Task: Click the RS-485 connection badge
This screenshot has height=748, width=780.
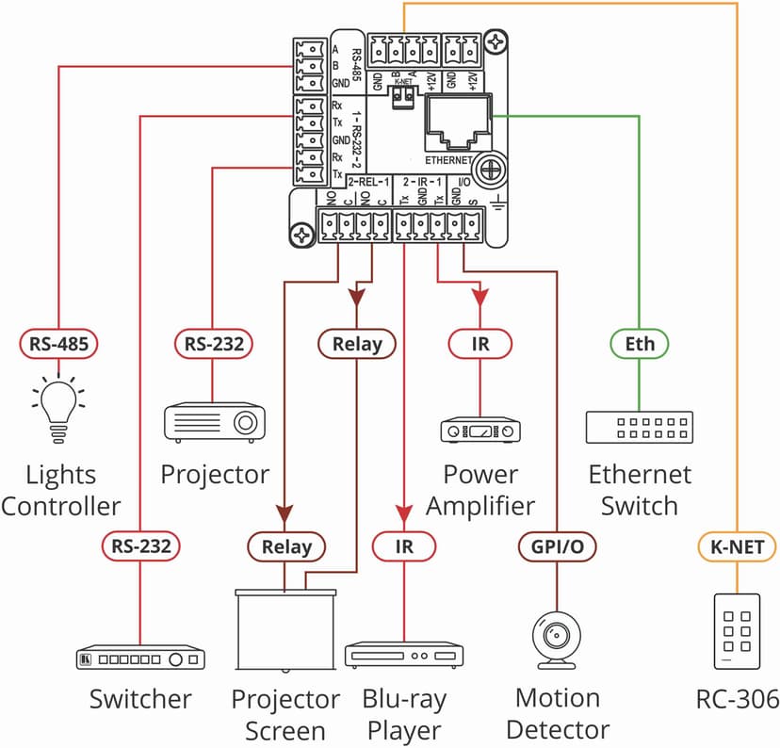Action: (58, 344)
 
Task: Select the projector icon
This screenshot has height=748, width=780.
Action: (215, 422)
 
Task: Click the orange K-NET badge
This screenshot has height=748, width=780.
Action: (737, 546)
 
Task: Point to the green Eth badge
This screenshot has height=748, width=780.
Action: (640, 344)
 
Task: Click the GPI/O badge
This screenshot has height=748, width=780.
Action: (557, 546)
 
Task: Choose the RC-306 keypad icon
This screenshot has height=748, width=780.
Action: (737, 631)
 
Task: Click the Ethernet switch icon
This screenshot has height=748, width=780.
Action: (640, 427)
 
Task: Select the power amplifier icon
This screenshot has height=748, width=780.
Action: (480, 431)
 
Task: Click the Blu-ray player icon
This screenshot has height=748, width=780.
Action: (404, 655)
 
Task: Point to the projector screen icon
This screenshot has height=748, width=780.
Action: (285, 630)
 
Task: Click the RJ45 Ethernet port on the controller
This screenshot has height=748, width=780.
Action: (458, 122)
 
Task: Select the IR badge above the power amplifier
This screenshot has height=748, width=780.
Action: (480, 344)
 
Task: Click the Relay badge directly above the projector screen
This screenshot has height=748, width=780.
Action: (286, 546)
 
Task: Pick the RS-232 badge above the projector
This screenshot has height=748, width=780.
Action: (214, 344)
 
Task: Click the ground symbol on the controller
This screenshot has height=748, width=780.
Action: (497, 201)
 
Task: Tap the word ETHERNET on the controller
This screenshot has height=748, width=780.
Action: (448, 160)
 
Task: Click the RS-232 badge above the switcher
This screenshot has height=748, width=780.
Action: (140, 546)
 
